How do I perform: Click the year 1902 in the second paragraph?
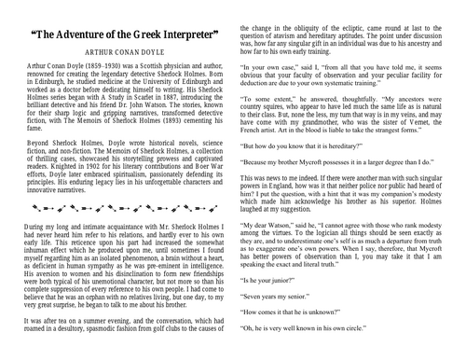click(98, 170)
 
